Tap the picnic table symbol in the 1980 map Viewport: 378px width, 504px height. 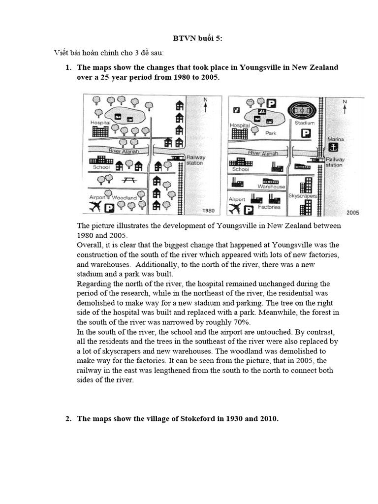tap(129, 181)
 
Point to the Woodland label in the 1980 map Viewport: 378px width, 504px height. tap(124, 197)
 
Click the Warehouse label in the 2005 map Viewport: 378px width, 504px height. tap(272, 187)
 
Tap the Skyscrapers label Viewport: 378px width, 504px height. tap(302, 196)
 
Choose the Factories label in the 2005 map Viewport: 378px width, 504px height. tap(269, 207)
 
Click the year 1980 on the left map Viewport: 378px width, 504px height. tap(209, 211)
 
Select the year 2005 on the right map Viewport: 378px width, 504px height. tap(353, 213)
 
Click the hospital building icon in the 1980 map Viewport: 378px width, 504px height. tap(100, 131)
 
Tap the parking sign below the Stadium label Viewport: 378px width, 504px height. tap(306, 133)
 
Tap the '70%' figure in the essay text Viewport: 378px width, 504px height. tap(241, 322)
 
